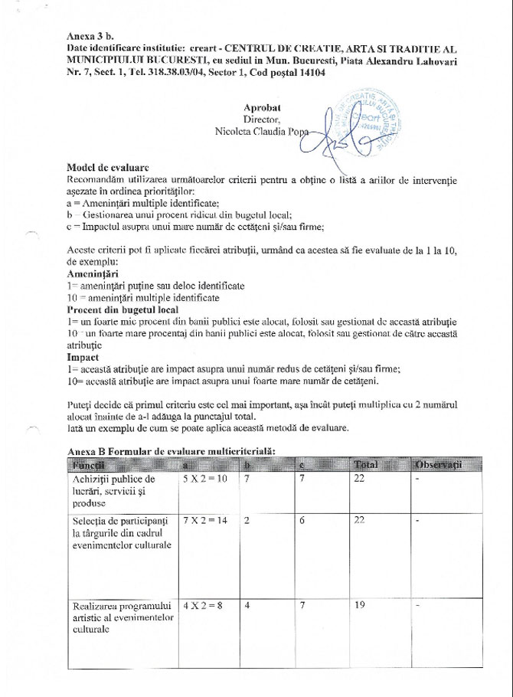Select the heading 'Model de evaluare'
click(x=108, y=168)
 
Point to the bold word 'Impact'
click(x=83, y=358)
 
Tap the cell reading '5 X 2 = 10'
click(x=204, y=479)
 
